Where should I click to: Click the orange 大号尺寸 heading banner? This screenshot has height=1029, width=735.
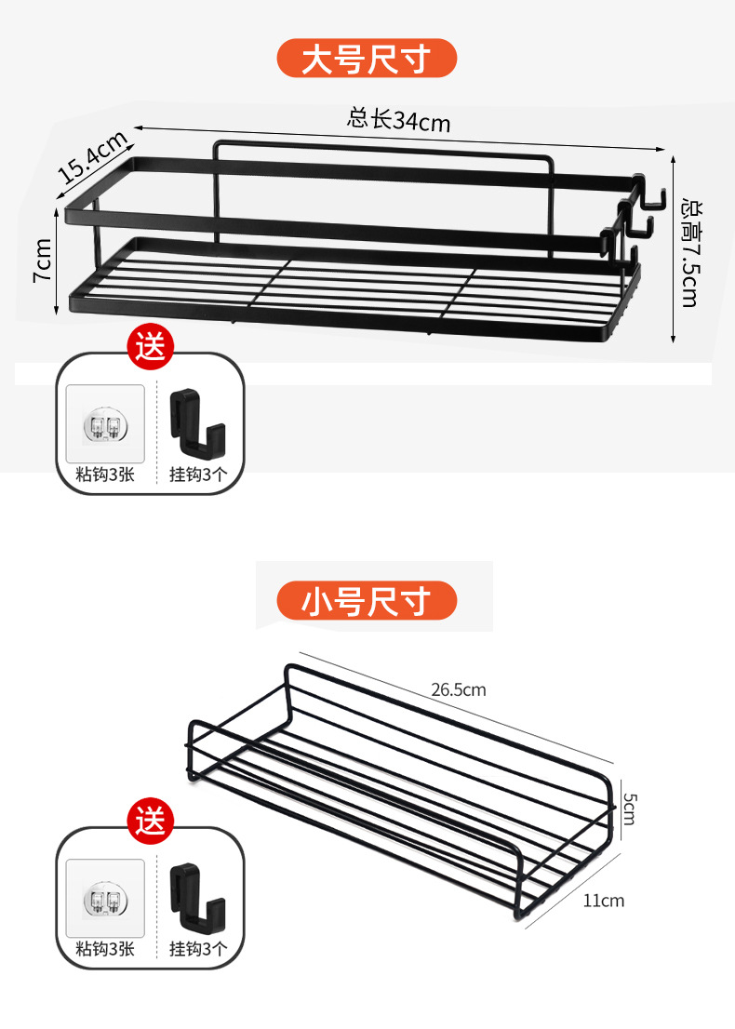(367, 60)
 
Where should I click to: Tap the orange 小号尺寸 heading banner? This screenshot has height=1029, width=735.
(367, 601)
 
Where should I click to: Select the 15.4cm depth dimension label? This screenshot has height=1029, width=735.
(92, 157)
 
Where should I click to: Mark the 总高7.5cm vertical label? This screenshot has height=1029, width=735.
(688, 250)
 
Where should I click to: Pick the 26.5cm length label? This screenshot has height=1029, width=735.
(458, 690)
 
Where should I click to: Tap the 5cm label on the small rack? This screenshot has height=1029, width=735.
(629, 808)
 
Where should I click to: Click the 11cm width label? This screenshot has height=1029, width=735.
(604, 900)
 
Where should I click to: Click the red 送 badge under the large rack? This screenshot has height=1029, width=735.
(151, 348)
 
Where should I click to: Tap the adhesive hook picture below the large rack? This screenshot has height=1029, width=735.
(105, 424)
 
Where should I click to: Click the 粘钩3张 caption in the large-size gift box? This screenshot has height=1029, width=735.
(105, 474)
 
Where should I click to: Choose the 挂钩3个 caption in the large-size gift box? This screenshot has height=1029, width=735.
(198, 474)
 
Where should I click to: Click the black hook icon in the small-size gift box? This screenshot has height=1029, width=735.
(198, 893)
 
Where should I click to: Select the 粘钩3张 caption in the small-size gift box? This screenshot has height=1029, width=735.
(105, 949)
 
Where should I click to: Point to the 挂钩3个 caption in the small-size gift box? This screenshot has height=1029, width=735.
(198, 949)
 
